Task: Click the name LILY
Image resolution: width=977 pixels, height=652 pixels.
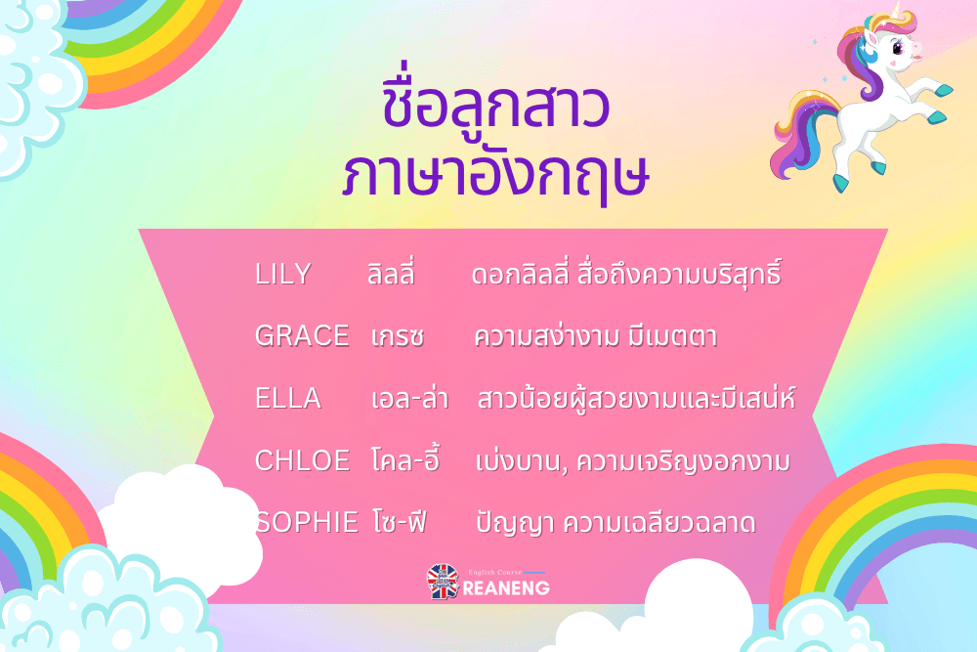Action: tap(283, 275)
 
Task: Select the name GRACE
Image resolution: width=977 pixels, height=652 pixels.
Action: tap(302, 336)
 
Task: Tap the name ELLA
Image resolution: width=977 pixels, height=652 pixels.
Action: tap(288, 398)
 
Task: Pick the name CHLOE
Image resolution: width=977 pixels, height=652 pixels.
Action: tap(302, 460)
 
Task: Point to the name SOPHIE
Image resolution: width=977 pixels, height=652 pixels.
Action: tap(307, 522)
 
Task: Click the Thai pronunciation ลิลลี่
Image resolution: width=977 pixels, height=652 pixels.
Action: tap(391, 273)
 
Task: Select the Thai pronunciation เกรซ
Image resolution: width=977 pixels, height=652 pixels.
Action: tap(398, 336)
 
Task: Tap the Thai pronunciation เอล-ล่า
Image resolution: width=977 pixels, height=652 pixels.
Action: tap(409, 397)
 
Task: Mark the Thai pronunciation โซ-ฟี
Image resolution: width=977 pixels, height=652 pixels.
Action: tap(400, 521)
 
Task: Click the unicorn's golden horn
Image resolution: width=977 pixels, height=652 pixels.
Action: tap(895, 11)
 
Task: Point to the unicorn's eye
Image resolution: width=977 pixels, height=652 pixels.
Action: tap(898, 46)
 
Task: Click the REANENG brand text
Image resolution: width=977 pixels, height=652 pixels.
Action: tap(506, 587)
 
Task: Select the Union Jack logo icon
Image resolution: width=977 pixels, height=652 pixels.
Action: tap(443, 582)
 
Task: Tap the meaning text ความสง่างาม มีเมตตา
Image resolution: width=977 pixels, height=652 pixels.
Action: tap(596, 336)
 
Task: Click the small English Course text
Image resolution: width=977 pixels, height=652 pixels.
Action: tap(494, 572)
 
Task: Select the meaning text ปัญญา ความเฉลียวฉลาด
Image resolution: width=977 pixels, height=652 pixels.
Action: tap(616, 522)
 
